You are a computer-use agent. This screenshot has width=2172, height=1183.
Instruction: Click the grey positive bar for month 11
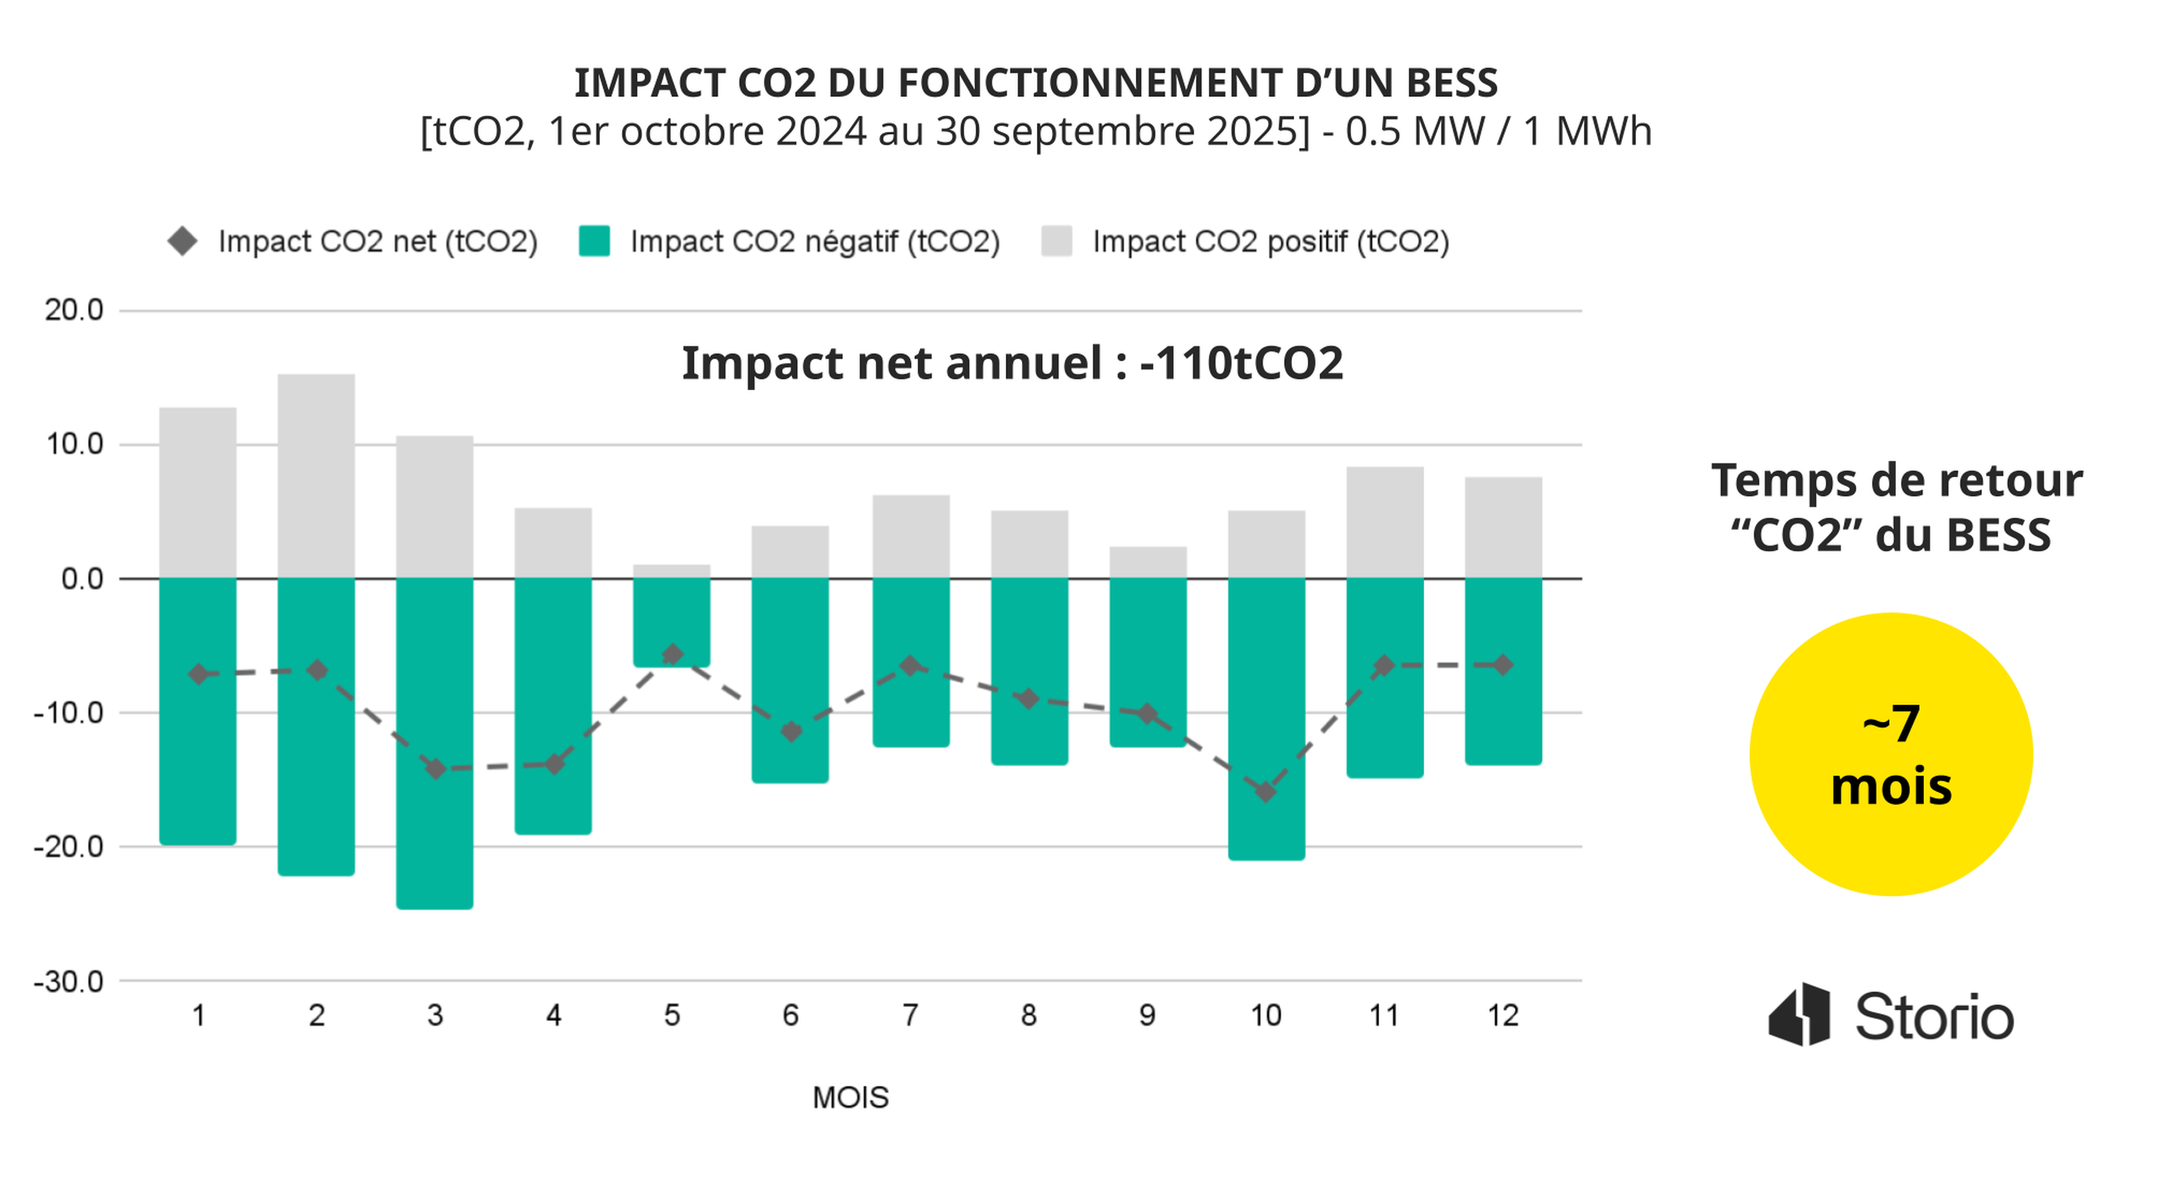tap(1385, 522)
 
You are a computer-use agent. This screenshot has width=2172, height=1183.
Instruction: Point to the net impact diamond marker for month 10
tap(1266, 792)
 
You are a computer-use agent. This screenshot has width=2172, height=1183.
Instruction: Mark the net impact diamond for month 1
tap(198, 673)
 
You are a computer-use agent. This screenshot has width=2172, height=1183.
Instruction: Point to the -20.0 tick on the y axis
tap(69, 847)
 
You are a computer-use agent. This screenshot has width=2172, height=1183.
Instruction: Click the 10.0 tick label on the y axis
tap(74, 444)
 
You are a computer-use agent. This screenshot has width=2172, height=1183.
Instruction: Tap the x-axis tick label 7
tap(910, 1015)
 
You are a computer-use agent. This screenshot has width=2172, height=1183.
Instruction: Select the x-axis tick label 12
tap(1502, 1015)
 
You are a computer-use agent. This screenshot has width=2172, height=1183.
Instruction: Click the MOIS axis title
tap(850, 1097)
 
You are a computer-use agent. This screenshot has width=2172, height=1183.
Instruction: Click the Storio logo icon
tap(1799, 1014)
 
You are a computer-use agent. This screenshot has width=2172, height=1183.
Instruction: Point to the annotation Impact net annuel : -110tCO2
tap(1012, 364)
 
